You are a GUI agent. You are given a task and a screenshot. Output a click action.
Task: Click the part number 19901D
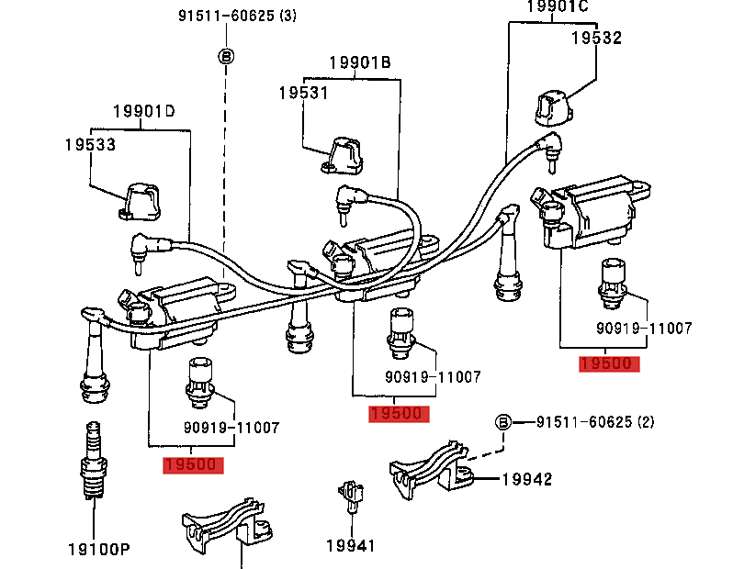pyautogui.click(x=144, y=111)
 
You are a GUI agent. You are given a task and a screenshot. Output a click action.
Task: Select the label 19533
pyautogui.click(x=90, y=145)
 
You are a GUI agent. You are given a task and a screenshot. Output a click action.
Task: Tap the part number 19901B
pyautogui.click(x=360, y=62)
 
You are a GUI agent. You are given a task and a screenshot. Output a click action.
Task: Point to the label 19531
pyautogui.click(x=303, y=93)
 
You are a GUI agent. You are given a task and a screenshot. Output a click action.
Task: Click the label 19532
pyautogui.click(x=596, y=38)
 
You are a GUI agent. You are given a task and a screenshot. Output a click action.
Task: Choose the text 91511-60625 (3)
pyautogui.click(x=238, y=16)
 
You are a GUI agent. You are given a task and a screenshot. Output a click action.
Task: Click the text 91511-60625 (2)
pyautogui.click(x=595, y=422)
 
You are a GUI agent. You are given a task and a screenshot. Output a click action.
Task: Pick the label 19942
pyautogui.click(x=527, y=479)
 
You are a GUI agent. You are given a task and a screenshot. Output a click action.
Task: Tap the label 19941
pyautogui.click(x=350, y=546)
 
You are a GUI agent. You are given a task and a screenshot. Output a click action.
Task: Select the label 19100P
pyautogui.click(x=99, y=550)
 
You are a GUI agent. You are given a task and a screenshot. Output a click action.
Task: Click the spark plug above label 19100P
pyautogui.click(x=94, y=460)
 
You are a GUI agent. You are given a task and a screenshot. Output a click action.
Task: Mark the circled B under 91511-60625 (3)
pyautogui.click(x=226, y=57)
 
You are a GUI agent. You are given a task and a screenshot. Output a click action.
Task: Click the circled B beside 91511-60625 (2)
pyautogui.click(x=503, y=423)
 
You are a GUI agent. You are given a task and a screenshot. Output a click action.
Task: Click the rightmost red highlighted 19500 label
pyautogui.click(x=609, y=363)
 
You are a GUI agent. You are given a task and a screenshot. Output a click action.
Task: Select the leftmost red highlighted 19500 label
pyautogui.click(x=193, y=464)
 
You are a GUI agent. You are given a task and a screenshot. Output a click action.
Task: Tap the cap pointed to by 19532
pyautogui.click(x=555, y=108)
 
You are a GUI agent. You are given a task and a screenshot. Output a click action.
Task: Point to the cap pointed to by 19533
pyautogui.click(x=140, y=202)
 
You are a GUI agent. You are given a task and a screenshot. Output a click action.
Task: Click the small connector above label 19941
pyautogui.click(x=351, y=495)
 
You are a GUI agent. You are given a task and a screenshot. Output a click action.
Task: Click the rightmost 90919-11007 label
pyautogui.click(x=644, y=329)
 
